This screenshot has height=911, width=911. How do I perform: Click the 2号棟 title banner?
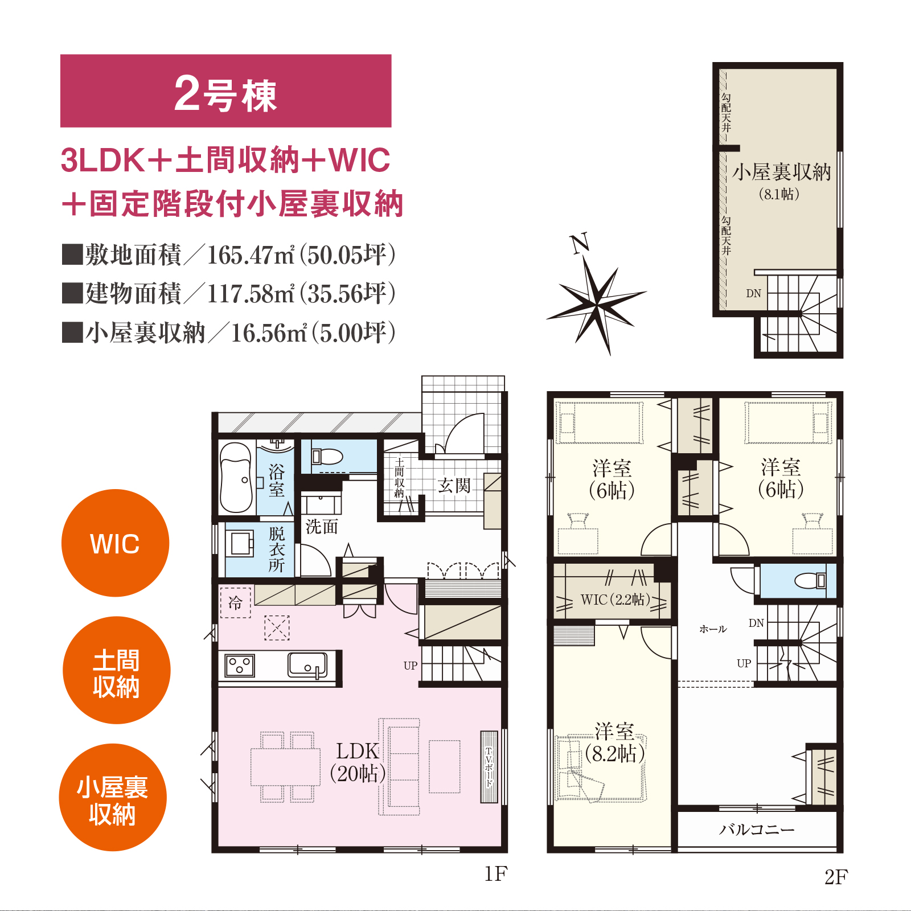point(225,91)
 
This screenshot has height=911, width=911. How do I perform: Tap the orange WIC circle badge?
point(115,543)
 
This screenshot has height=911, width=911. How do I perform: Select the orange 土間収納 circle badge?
point(117,670)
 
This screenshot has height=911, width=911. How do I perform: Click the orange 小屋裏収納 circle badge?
point(113,797)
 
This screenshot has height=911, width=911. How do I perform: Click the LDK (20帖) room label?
point(358,762)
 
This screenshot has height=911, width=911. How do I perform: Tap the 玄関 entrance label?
point(454,486)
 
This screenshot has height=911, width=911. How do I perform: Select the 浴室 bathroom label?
point(277,480)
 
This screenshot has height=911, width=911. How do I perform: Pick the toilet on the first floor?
point(327,457)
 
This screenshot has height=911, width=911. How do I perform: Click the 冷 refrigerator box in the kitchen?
point(235,602)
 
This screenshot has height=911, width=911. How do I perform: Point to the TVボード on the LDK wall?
point(489,767)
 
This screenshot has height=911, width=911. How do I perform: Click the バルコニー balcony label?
point(757,830)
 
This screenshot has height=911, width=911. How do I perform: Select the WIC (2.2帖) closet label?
point(615,600)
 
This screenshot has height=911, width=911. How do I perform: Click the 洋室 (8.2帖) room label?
point(615,743)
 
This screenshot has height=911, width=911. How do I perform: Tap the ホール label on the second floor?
point(713,629)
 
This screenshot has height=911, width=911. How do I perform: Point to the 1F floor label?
point(495,874)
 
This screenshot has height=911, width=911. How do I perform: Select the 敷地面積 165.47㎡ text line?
point(229,255)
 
